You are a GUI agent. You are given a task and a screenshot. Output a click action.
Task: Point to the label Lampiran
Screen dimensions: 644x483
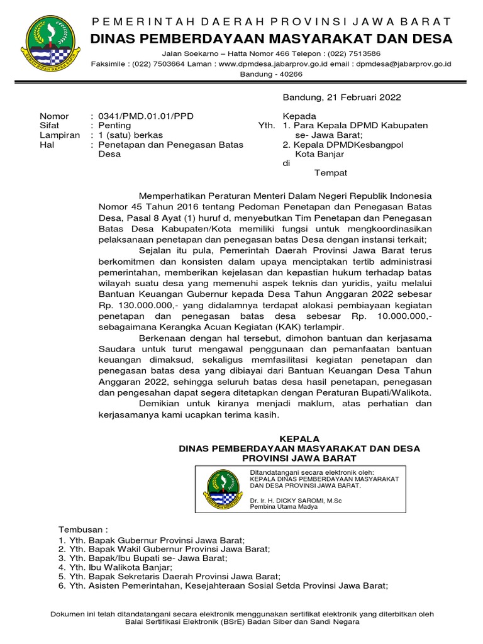click(60, 135)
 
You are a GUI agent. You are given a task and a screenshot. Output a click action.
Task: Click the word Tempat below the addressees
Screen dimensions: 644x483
click(330, 173)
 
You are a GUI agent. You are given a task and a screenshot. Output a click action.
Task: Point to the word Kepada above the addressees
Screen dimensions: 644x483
click(300, 116)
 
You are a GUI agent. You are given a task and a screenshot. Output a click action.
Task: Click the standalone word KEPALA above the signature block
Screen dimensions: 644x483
click(299, 438)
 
